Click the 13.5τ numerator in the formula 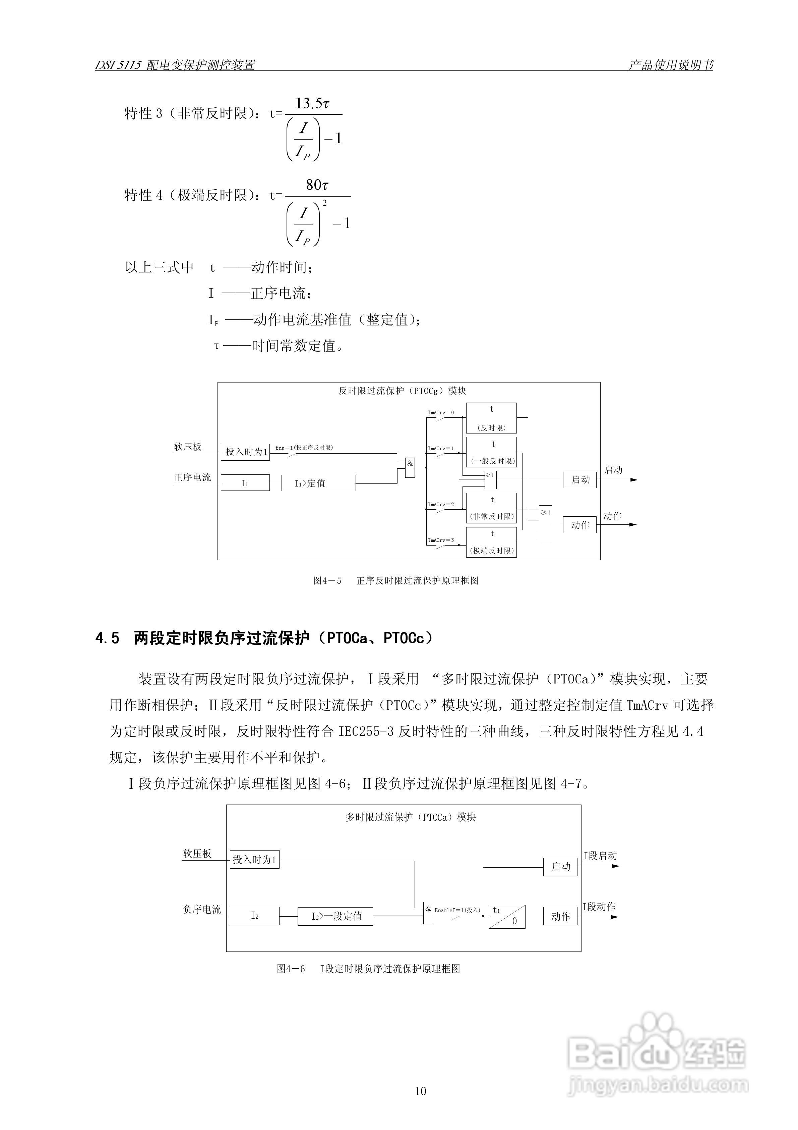[x=312, y=104]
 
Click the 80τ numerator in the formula [x=317, y=185]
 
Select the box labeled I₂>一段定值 [x=335, y=916]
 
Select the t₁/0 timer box [x=507, y=916]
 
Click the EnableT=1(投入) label [x=457, y=910]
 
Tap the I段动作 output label [x=599, y=907]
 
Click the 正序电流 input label [x=192, y=477]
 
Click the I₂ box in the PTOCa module [x=255, y=916]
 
